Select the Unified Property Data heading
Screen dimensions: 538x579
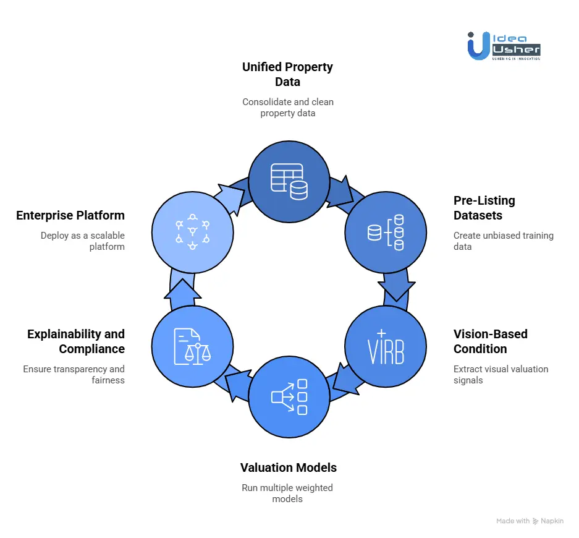coord(287,74)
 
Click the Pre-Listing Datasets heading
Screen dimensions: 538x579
coord(484,208)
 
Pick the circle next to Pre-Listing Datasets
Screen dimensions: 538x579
coord(386,233)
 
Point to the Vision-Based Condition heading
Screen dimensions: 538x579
coord(490,341)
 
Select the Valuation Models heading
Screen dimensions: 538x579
coord(289,468)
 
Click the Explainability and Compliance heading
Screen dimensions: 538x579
coord(75,341)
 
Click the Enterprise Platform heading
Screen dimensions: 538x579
coord(70,215)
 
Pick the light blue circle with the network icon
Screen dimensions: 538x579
coord(192,233)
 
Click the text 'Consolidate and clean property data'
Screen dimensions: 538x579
coord(287,107)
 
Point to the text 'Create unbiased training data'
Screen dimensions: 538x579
coord(503,241)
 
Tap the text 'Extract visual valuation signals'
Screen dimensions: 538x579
coord(501,374)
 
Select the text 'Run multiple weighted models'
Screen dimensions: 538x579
coord(287,493)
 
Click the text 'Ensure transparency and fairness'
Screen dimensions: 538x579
coord(74,374)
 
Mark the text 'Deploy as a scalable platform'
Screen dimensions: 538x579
coord(83,241)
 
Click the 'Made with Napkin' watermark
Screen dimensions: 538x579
coord(530,521)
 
